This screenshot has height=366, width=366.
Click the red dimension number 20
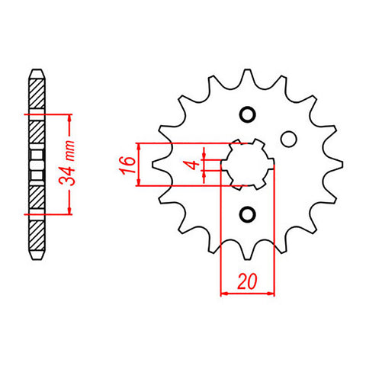246,281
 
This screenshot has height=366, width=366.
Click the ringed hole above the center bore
246,115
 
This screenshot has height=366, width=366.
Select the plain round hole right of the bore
287,140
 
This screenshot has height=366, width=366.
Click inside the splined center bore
246,164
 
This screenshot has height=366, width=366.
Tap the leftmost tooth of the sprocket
160,164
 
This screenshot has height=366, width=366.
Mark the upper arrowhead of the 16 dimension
139,146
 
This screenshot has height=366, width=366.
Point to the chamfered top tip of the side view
36,72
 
